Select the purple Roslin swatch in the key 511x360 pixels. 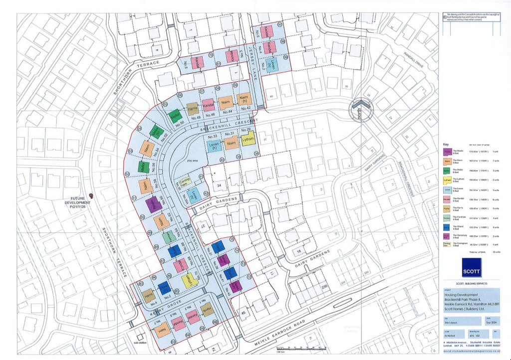pyautogui.click(x=447, y=151)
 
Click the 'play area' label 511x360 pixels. pyautogui.click(x=193, y=161)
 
